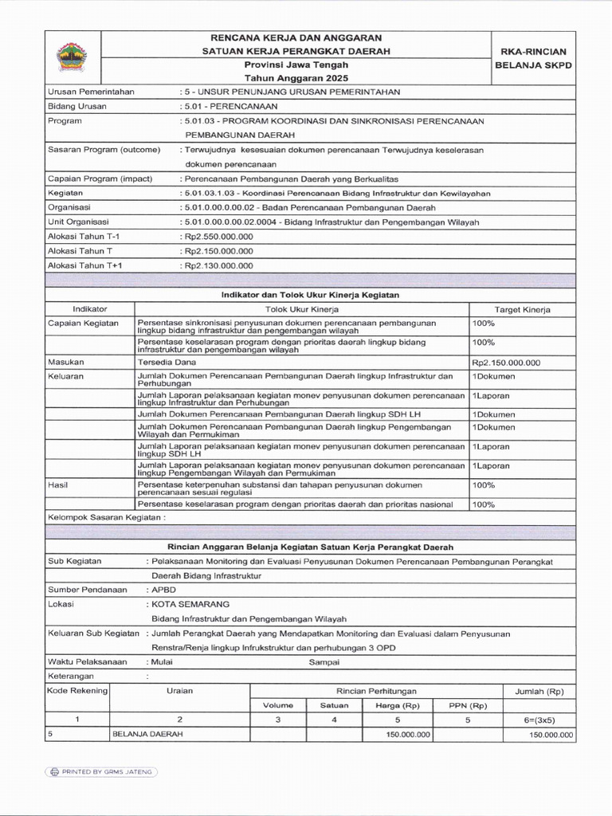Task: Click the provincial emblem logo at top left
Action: [73, 57]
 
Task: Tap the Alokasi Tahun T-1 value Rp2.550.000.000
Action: [219, 237]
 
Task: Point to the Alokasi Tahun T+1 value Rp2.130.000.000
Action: [219, 265]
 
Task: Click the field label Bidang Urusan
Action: [77, 106]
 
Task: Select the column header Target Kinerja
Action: [522, 308]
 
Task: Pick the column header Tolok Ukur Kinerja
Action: [302, 308]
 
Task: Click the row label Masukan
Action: [66, 361]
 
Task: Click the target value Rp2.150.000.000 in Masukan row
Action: [506, 362]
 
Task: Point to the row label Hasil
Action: [58, 484]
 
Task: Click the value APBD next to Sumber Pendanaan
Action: [163, 590]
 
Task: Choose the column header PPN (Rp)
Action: [468, 705]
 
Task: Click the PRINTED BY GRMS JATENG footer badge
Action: [101, 771]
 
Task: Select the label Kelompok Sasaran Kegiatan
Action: [107, 517]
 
